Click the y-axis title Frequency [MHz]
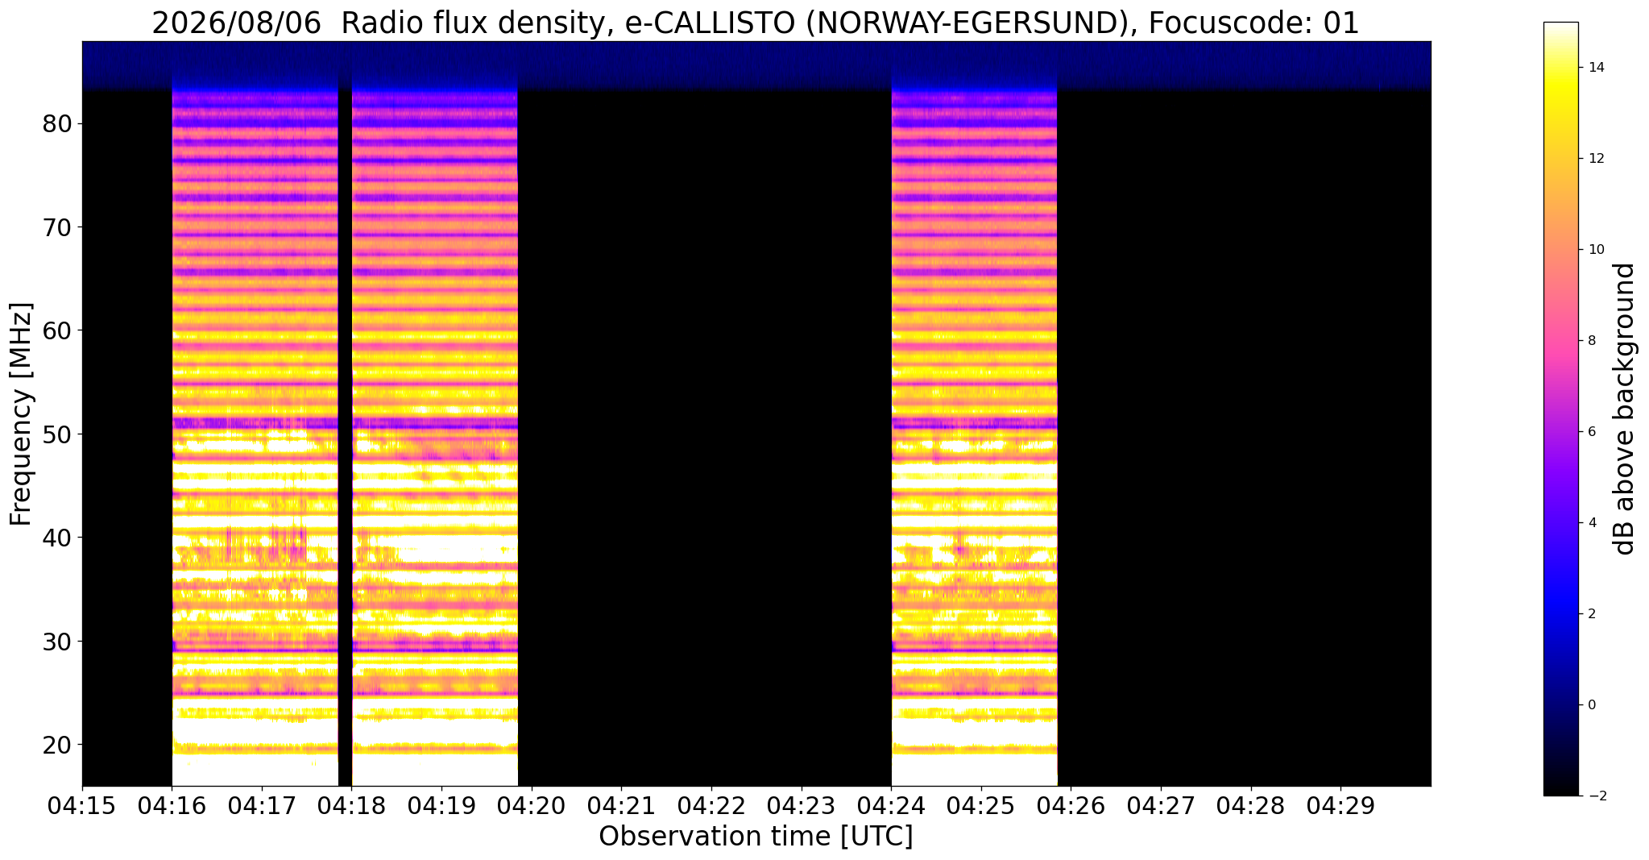click(x=22, y=414)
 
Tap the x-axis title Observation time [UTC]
click(x=756, y=837)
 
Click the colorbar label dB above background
click(x=1624, y=409)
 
